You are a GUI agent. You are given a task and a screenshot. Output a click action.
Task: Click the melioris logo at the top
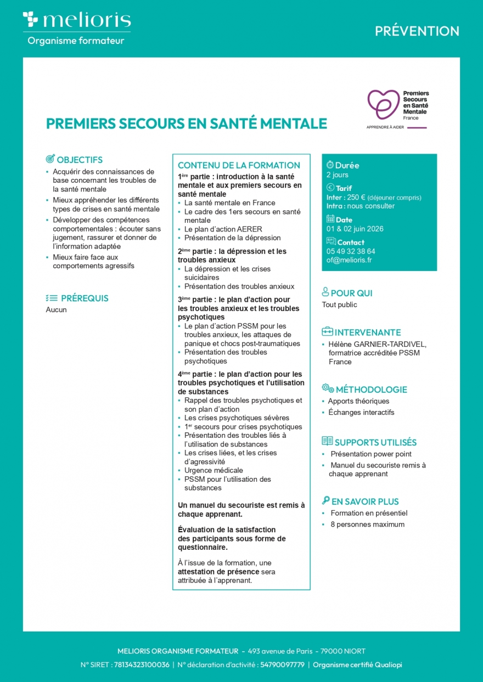(77, 21)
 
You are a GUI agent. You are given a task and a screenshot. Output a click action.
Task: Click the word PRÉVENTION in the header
(417, 31)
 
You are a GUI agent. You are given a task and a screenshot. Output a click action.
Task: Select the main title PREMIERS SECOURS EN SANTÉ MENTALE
(187, 124)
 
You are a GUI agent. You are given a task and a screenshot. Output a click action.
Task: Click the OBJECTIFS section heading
(80, 160)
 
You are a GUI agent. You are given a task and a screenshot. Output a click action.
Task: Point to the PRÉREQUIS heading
(85, 298)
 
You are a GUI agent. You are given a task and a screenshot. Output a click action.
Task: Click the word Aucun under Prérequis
(57, 310)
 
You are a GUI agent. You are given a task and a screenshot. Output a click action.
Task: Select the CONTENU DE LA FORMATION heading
(239, 165)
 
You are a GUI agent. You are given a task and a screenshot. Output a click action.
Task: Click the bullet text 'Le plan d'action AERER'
(223, 229)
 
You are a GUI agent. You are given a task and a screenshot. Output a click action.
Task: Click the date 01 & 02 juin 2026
(355, 229)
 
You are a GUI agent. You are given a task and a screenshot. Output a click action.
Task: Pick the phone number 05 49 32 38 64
(351, 251)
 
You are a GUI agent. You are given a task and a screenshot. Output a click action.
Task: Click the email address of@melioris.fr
(349, 260)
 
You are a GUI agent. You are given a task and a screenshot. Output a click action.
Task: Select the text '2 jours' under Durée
(338, 175)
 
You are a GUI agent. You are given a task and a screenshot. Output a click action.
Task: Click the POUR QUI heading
(351, 294)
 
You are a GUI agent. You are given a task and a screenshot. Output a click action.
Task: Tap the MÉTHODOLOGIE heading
(371, 390)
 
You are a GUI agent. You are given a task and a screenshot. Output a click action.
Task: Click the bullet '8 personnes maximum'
(367, 525)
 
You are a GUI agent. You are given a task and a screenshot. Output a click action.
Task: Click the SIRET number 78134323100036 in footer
(142, 665)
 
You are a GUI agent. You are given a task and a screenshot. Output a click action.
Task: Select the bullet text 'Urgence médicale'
(214, 470)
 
